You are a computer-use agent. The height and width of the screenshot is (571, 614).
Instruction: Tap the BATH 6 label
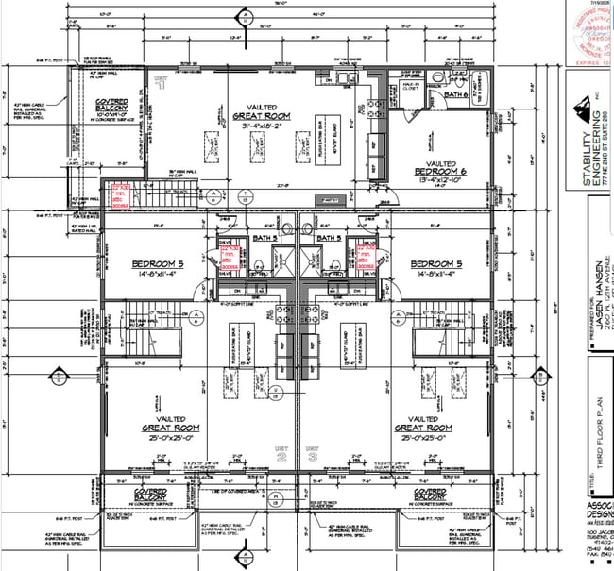[x=456, y=95]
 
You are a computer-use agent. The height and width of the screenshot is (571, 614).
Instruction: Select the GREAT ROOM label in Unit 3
[x=423, y=428]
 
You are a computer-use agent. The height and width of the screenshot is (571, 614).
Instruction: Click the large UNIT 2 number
[x=282, y=456]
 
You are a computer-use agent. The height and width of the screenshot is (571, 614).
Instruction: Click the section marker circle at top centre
[x=246, y=16]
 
